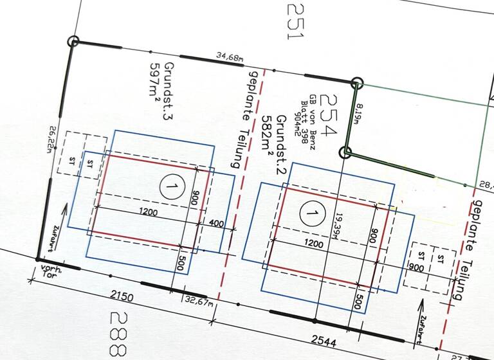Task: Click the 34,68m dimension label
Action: pos(230,59)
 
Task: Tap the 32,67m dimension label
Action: pos(197,300)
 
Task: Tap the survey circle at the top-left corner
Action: pos(74,42)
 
